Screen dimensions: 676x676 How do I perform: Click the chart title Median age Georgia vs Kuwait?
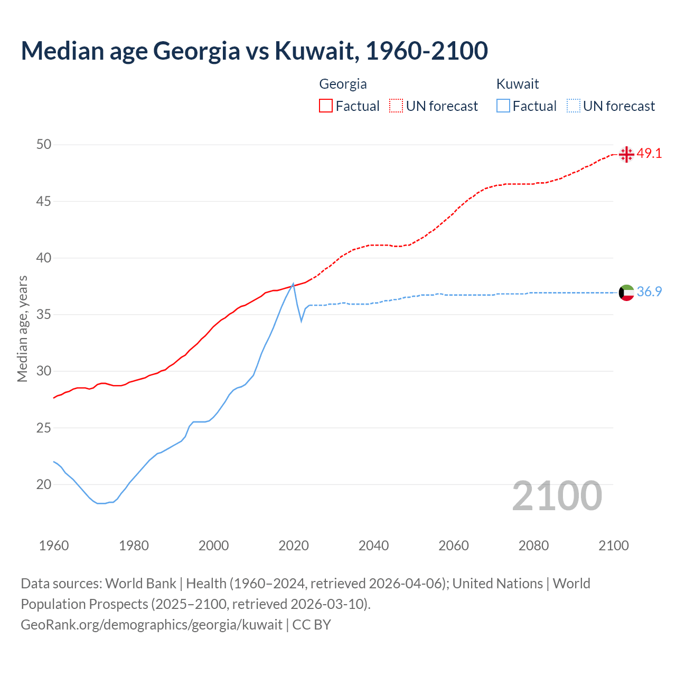tap(254, 51)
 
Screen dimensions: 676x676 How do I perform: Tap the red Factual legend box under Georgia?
tap(326, 106)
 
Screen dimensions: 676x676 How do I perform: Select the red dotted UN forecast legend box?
tap(396, 106)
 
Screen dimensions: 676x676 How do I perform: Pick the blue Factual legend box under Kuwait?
tap(503, 106)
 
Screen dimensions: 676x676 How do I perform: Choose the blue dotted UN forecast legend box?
tap(574, 106)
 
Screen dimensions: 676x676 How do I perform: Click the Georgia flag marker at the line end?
tap(626, 154)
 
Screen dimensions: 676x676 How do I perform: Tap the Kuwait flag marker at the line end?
tap(626, 292)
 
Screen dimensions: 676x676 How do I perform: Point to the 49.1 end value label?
tap(649, 154)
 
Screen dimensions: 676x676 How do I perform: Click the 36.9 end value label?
tap(649, 292)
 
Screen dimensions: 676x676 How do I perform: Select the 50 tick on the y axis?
tap(44, 145)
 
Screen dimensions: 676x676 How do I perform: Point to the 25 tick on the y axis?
tap(44, 428)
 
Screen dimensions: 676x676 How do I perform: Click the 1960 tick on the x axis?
tap(54, 546)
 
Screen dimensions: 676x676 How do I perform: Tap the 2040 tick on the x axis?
tap(373, 546)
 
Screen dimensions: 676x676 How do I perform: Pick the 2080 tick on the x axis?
tap(533, 546)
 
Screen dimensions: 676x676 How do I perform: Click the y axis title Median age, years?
tap(22, 328)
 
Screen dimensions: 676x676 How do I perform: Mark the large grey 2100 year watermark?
tap(557, 495)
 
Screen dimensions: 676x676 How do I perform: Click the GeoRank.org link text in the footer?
tap(152, 625)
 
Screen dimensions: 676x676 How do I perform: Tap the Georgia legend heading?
tap(343, 84)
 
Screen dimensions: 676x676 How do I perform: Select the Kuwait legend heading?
tap(518, 84)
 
